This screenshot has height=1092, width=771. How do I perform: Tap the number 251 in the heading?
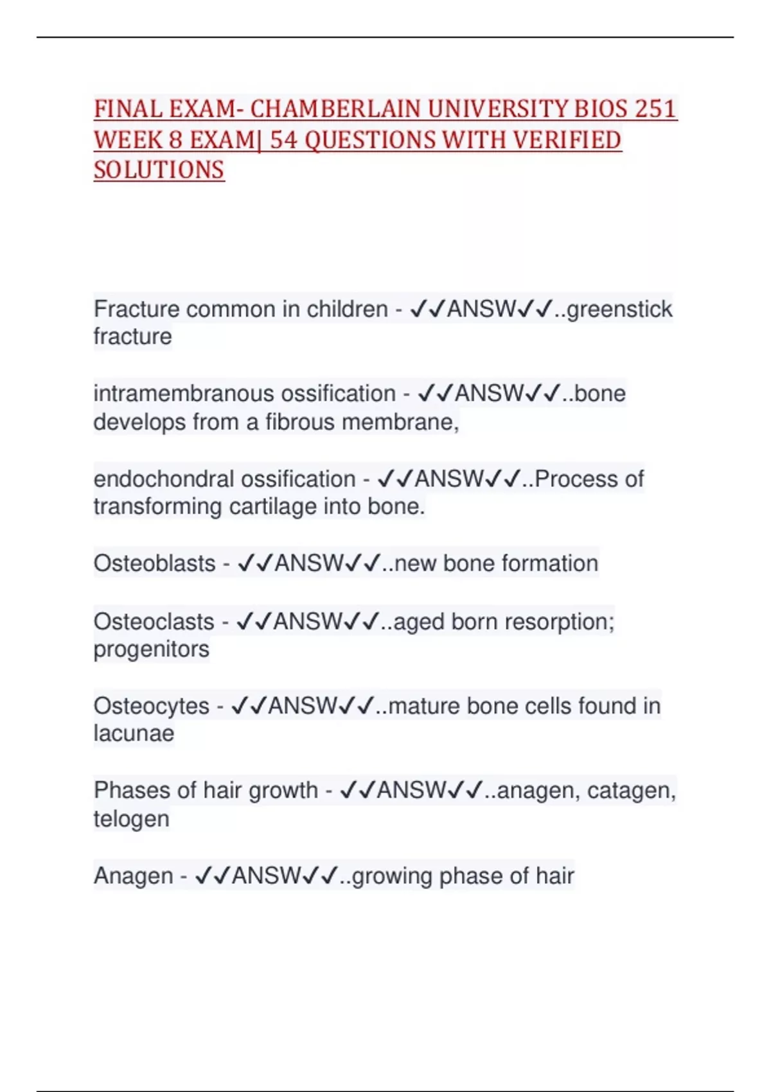click(x=655, y=109)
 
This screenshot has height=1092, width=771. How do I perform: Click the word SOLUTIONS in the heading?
click(x=159, y=170)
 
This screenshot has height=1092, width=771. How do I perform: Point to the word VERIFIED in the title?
click(x=567, y=140)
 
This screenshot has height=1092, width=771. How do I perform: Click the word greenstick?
click(x=619, y=309)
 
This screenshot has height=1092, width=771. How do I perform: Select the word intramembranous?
click(x=181, y=393)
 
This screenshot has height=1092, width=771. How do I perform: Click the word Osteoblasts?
click(x=154, y=563)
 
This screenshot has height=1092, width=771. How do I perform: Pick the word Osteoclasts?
click(x=154, y=622)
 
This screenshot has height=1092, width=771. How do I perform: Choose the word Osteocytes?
click(x=151, y=706)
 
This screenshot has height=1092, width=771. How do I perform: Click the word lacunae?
click(x=134, y=734)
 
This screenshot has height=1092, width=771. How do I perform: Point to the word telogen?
click(x=132, y=819)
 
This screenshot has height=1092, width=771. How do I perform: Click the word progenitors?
click(x=151, y=649)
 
